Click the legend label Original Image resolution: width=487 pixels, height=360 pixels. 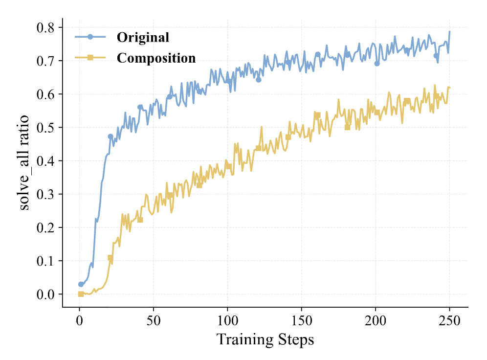pos(143,38)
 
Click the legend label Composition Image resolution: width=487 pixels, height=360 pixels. pos(156,58)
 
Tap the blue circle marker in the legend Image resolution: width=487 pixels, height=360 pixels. pos(90,37)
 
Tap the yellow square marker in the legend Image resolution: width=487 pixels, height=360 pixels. pos(90,58)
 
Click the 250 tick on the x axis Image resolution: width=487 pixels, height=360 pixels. pos(449,321)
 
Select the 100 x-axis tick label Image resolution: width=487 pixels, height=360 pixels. pos(227,321)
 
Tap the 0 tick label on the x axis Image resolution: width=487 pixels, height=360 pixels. pos(79,321)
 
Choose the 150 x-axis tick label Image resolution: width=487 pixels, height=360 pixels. pos(301,321)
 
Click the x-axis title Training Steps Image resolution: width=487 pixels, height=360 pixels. pos(265,339)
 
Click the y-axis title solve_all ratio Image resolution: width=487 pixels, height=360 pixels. pos(24,163)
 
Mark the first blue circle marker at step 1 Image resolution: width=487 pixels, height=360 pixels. pos(81,284)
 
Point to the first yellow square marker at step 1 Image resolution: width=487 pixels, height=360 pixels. pos(81,294)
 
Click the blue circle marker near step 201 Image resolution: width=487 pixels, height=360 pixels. pos(377,64)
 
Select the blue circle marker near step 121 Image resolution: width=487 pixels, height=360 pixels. pos(258,80)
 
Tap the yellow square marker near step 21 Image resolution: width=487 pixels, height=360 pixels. pos(111,258)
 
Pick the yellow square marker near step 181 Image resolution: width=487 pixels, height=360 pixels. pos(347,128)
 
